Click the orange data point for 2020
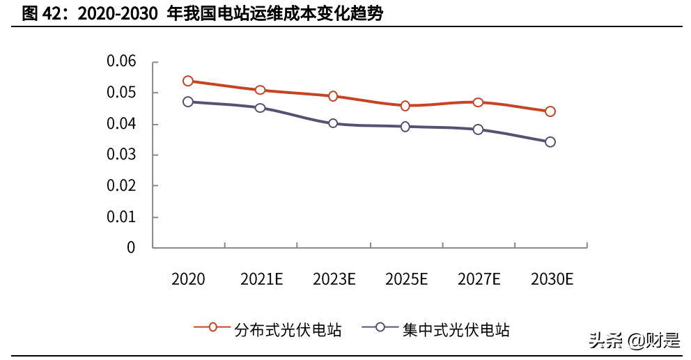point(188,81)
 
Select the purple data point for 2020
point(188,102)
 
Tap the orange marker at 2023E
point(333,96)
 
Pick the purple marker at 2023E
point(333,123)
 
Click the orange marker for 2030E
point(550,111)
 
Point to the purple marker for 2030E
point(550,142)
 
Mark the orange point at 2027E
point(478,102)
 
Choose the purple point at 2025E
point(405,127)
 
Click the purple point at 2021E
point(261,108)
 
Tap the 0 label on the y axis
point(130,247)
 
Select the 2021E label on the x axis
point(261,280)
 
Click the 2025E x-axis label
point(406,280)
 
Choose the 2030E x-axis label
point(552,280)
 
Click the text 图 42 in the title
point(40,13)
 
